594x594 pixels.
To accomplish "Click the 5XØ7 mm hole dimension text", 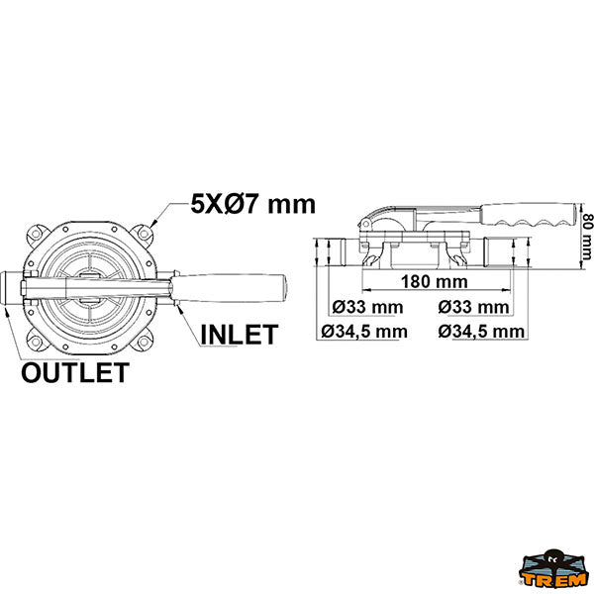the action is click(252, 205).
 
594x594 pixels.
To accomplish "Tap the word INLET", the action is click(239, 335).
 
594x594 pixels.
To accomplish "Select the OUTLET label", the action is click(75, 372).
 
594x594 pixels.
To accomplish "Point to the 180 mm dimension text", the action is click(435, 281).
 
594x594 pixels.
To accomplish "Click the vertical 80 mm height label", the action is click(587, 237).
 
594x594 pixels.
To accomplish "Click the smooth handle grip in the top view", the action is click(230, 288).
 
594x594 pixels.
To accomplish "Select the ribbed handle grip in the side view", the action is click(531, 215).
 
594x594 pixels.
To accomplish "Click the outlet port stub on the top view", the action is click(11, 288).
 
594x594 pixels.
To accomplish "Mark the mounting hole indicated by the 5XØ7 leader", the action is click(144, 233).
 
